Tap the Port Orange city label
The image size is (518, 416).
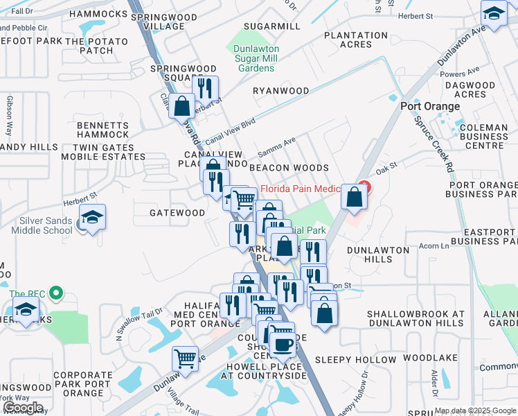tap(430, 106)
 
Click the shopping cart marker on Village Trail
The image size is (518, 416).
tap(185, 359)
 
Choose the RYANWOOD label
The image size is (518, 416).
tap(280, 91)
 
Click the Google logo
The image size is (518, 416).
tap(23, 408)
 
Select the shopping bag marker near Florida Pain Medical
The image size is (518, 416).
tap(354, 198)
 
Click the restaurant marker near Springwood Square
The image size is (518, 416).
tap(205, 89)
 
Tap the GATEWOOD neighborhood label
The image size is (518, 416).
tap(177, 213)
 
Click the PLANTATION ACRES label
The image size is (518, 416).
tap(355, 40)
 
